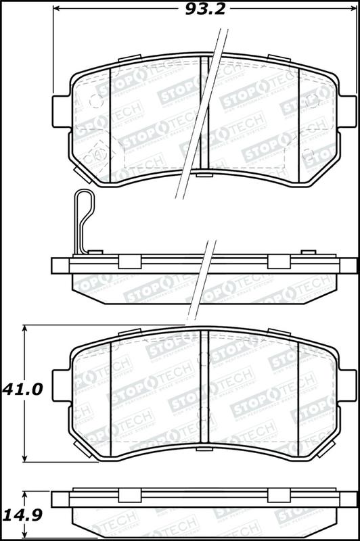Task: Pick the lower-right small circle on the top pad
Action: [309, 153]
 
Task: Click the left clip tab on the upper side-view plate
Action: [129, 261]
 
